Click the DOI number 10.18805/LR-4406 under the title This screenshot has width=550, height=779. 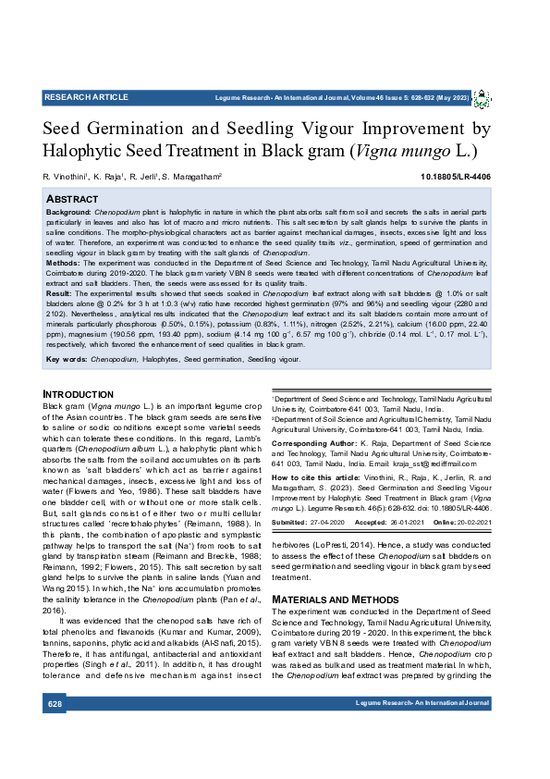coord(456,176)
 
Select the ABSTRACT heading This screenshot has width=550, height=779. coord(72,199)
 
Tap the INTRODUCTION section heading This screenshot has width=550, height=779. coord(79,394)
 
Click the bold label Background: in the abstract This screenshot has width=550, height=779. coord(68,212)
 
